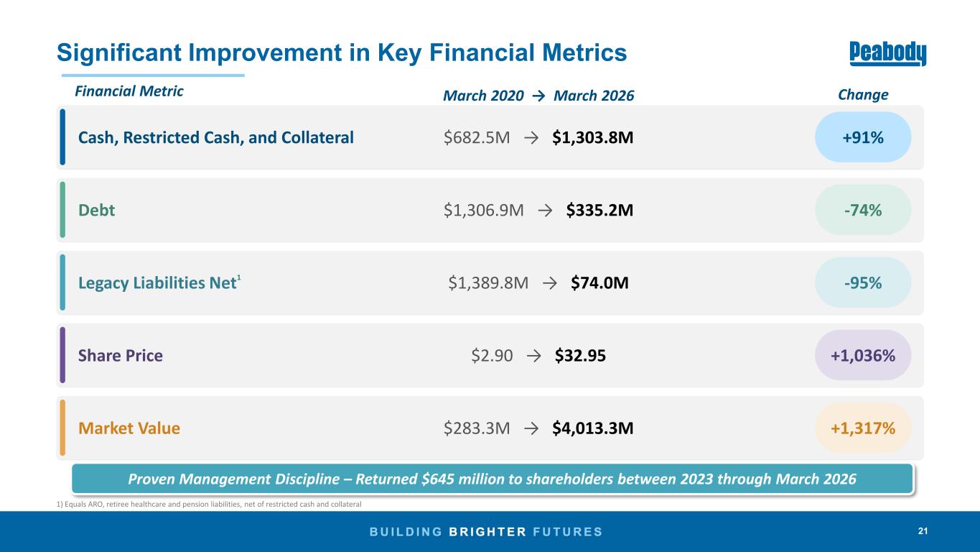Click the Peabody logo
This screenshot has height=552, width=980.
887,53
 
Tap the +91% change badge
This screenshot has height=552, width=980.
863,137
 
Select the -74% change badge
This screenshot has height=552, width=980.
863,210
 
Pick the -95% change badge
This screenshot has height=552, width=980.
863,282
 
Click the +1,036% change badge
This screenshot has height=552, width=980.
863,355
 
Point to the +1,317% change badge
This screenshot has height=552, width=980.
863,428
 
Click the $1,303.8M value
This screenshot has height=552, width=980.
592,137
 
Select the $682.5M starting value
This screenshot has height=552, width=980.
477,137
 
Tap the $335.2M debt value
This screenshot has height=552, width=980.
599,211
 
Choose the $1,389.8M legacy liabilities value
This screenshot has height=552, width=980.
488,283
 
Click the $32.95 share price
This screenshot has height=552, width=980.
580,355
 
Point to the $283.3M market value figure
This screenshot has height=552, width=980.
477,428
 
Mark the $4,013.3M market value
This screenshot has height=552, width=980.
592,428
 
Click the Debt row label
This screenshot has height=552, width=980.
96,211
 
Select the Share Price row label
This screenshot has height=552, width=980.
121,355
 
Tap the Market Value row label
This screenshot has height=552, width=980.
129,428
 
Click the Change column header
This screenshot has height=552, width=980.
863,95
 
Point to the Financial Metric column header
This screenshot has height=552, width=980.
129,91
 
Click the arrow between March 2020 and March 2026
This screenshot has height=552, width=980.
538,96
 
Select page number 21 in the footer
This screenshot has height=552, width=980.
923,531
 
